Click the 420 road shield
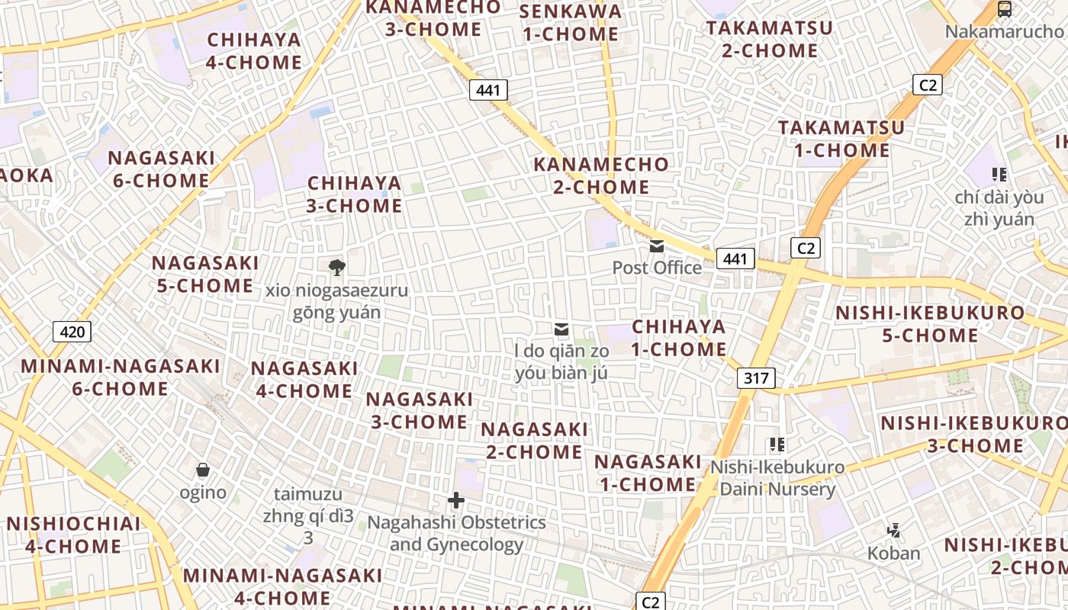pyautogui.click(x=72, y=332)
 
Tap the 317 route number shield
pyautogui.click(x=756, y=377)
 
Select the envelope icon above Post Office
pyautogui.click(x=657, y=246)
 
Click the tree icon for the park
pyautogui.click(x=336, y=267)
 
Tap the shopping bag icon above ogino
pyautogui.click(x=203, y=470)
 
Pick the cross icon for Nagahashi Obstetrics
pyautogui.click(x=456, y=500)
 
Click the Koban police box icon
pyautogui.click(x=893, y=530)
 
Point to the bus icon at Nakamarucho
pyautogui.click(x=1005, y=10)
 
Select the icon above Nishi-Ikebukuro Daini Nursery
pyautogui.click(x=777, y=445)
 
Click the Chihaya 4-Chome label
pyautogui.click(x=254, y=51)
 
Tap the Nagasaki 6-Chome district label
pyautogui.click(x=161, y=169)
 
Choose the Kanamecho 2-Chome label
pyautogui.click(x=601, y=175)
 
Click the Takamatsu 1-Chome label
pyautogui.click(x=841, y=139)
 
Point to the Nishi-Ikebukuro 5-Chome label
pyautogui.click(x=930, y=324)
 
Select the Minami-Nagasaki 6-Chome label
pyautogui.click(x=121, y=377)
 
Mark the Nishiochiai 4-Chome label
pyautogui.click(x=73, y=535)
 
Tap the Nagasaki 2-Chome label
pyautogui.click(x=534, y=441)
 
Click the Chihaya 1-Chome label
pyautogui.click(x=679, y=338)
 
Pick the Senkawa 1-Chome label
pyautogui.click(x=570, y=22)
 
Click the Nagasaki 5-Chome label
pyautogui.click(x=204, y=274)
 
